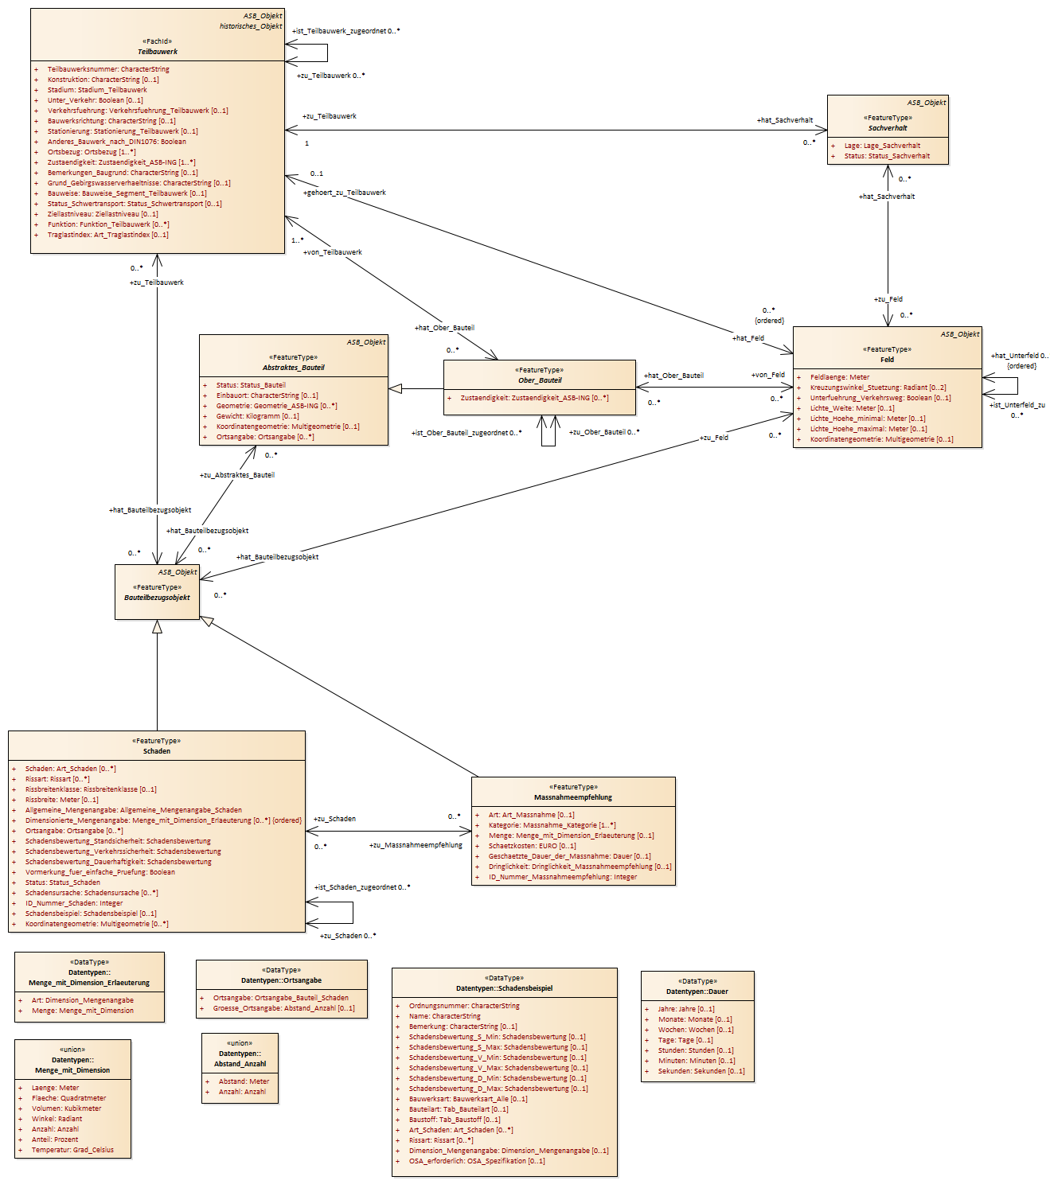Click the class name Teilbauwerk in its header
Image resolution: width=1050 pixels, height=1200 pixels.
pyautogui.click(x=157, y=52)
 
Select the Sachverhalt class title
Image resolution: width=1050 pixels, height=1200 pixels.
pyautogui.click(x=888, y=128)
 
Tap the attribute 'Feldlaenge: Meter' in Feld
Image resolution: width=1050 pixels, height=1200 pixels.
pyautogui.click(x=839, y=377)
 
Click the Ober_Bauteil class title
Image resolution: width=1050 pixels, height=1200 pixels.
pyautogui.click(x=539, y=380)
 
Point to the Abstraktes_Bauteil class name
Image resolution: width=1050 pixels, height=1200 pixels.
pyautogui.click(x=293, y=368)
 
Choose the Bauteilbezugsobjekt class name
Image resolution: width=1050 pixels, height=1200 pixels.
pyautogui.click(x=157, y=598)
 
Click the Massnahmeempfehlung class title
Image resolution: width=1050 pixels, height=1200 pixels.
pyautogui.click(x=572, y=797)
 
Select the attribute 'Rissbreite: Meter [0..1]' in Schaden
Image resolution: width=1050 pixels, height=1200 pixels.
pyautogui.click(x=61, y=800)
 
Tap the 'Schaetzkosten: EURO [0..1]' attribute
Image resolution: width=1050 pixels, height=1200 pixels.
pyautogui.click(x=532, y=846)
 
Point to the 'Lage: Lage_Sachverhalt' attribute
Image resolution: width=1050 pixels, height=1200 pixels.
pyautogui.click(x=882, y=146)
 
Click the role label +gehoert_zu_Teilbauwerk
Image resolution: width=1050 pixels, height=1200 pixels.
pyautogui.click(x=345, y=193)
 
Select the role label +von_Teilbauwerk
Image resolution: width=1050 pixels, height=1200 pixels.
pyautogui.click(x=333, y=252)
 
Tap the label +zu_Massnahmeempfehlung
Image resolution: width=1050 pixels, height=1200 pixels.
pyautogui.click(x=416, y=845)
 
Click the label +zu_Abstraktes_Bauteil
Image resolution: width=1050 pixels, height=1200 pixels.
pyautogui.click(x=237, y=475)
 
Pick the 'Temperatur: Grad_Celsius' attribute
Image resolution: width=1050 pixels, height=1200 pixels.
pyautogui.click(x=72, y=1150)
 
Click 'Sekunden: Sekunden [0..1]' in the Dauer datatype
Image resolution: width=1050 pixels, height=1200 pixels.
pyautogui.click(x=701, y=1071)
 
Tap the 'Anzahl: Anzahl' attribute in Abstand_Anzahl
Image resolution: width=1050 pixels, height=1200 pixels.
pyautogui.click(x=242, y=1092)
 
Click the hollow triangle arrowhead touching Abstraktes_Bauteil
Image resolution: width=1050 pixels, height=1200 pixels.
pyautogui.click(x=395, y=388)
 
